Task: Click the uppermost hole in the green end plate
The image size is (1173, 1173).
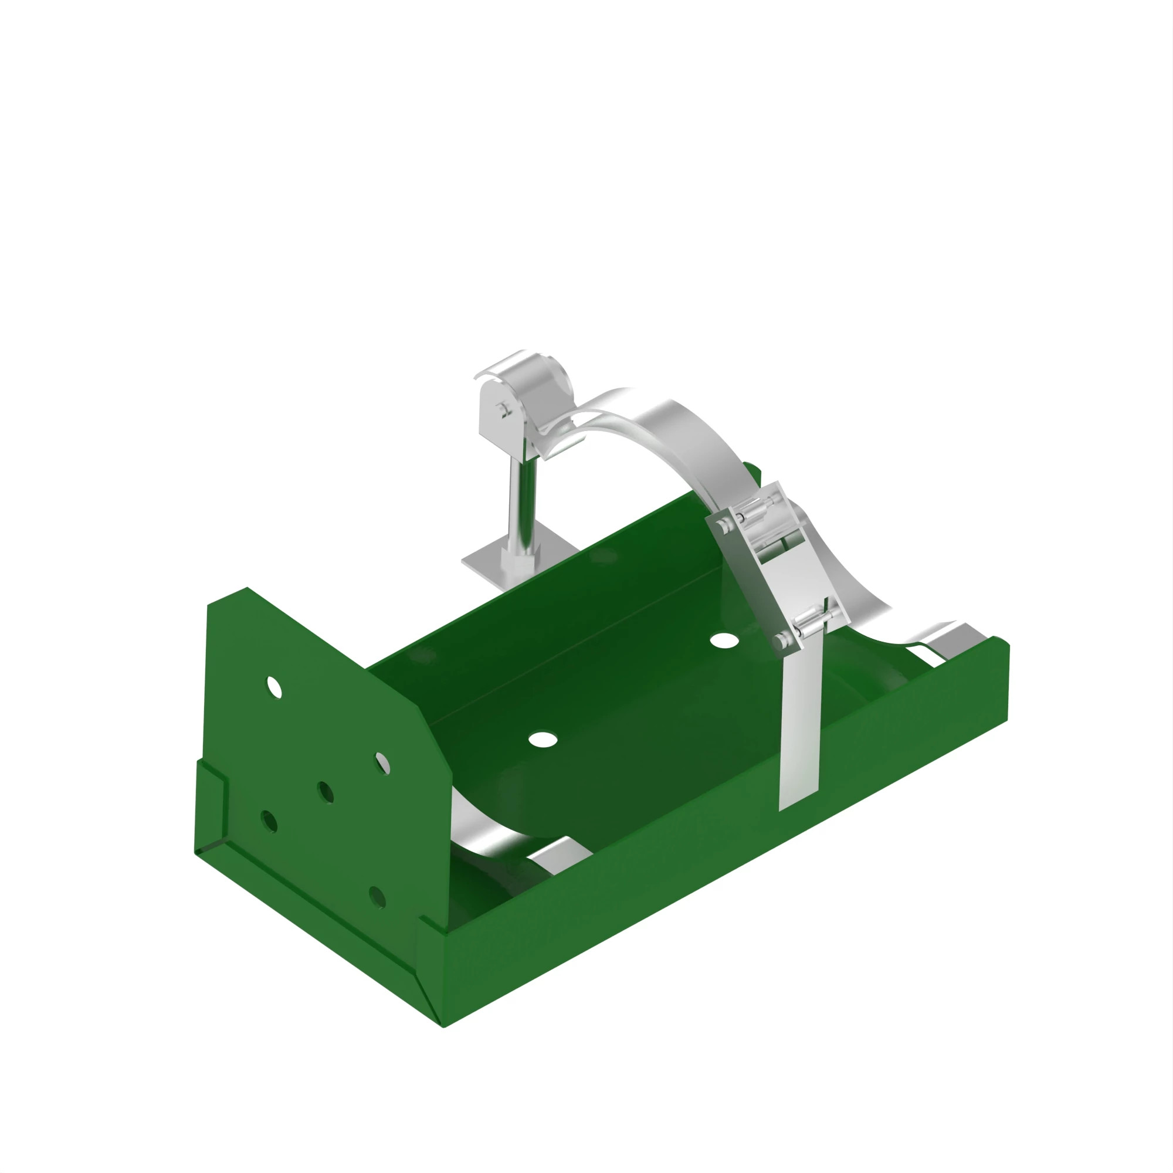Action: pyautogui.click(x=274, y=687)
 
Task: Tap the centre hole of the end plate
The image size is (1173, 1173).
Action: pyautogui.click(x=326, y=792)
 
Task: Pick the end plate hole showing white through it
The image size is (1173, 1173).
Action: pyautogui.click(x=382, y=762)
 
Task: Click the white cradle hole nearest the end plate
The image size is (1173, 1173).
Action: pyautogui.click(x=542, y=739)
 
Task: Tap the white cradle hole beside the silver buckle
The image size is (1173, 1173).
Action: pyautogui.click(x=724, y=640)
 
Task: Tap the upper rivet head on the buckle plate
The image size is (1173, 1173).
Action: pyautogui.click(x=723, y=525)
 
